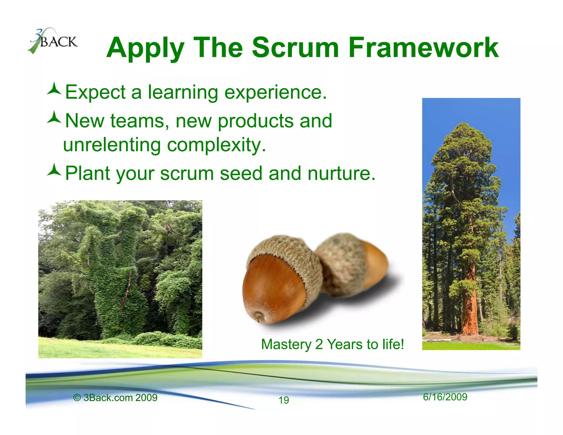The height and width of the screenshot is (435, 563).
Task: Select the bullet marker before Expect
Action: click(54, 89)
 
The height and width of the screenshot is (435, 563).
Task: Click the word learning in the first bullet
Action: click(183, 92)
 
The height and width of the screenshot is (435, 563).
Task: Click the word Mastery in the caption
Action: click(286, 345)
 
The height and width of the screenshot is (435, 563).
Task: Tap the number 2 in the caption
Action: click(319, 345)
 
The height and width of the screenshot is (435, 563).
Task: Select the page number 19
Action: click(284, 400)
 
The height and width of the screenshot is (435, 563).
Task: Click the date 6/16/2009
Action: click(445, 397)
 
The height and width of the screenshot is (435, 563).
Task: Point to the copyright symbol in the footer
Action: click(77, 398)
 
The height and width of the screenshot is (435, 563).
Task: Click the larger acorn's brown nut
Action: click(272, 289)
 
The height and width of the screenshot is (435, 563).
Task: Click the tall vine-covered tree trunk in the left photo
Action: click(115, 275)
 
